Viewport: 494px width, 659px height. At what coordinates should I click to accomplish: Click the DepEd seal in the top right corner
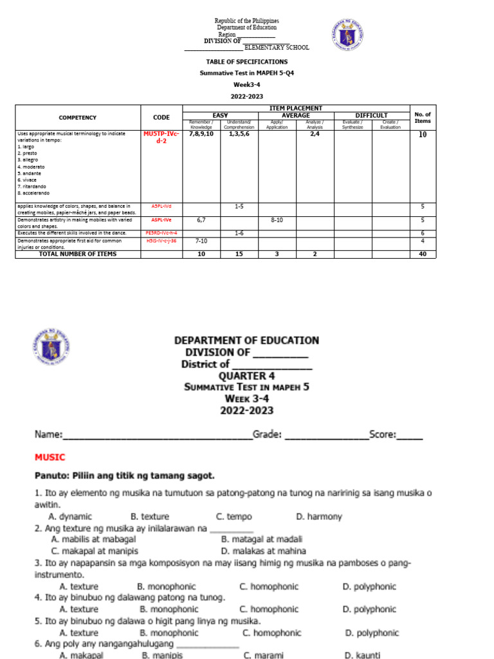click(351, 34)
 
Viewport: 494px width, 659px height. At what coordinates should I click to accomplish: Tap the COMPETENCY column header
click(77, 118)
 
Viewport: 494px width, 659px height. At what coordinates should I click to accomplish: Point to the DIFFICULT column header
click(371, 115)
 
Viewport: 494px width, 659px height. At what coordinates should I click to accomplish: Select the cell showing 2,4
click(315, 135)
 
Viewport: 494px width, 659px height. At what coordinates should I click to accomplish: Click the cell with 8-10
click(277, 219)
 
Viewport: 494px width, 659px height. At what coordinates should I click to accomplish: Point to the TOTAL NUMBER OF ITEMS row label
click(77, 254)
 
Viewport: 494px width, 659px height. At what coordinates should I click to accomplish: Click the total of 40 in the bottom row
click(423, 254)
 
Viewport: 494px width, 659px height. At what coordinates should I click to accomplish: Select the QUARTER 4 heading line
click(246, 376)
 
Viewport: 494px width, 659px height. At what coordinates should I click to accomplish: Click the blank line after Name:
click(158, 436)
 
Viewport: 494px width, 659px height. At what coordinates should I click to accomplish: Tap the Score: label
click(382, 434)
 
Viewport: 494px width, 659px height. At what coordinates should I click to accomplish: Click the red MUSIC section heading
click(50, 457)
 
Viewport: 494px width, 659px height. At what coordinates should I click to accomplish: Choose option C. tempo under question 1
click(234, 517)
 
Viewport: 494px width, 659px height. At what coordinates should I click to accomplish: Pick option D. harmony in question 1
click(319, 517)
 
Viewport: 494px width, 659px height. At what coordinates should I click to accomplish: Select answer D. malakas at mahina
click(263, 552)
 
